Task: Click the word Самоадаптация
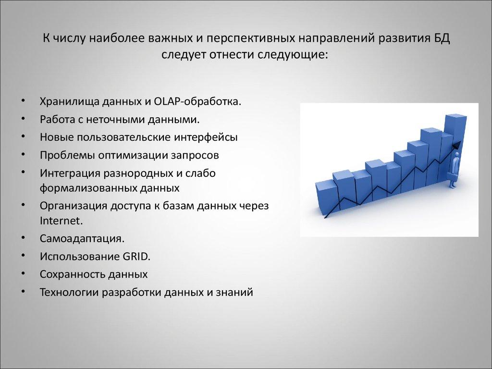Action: click(x=82, y=238)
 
